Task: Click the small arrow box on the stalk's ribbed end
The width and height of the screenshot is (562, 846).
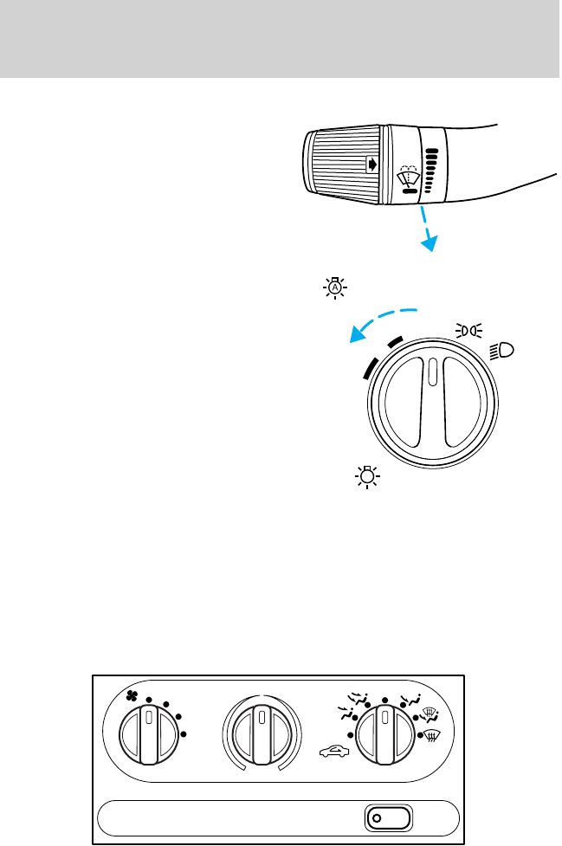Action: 371,162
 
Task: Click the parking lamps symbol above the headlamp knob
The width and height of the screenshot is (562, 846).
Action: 468,329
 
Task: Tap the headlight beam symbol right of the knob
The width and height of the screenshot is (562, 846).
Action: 501,351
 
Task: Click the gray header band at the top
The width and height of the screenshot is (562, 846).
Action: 281,38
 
